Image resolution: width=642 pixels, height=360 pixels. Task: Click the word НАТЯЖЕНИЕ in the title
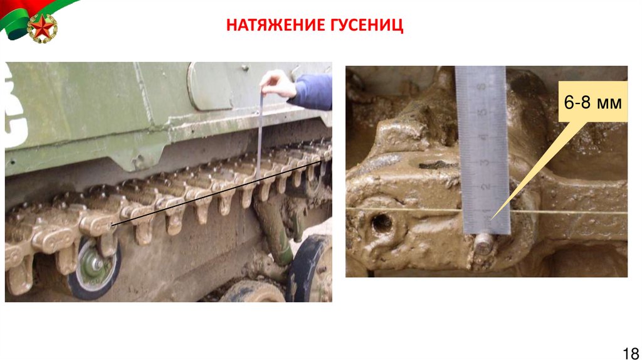pos(270,24)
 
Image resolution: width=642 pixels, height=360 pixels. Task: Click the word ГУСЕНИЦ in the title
pos(361,24)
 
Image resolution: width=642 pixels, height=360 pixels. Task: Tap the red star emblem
pos(42,28)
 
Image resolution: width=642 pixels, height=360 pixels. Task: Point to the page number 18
pos(631,352)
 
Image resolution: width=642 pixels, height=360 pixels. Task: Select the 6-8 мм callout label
pos(592,102)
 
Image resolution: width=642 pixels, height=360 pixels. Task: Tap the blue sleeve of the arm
pos(312,92)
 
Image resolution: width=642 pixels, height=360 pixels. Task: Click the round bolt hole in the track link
pos(382,223)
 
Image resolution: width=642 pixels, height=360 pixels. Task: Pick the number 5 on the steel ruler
pos(483,112)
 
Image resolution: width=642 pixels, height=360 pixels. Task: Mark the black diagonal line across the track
pos(216,193)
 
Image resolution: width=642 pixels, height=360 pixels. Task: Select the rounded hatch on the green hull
pos(209,86)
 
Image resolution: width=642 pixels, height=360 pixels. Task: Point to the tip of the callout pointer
pos(490,220)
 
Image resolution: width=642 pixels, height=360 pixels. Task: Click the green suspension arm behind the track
pos(274,230)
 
